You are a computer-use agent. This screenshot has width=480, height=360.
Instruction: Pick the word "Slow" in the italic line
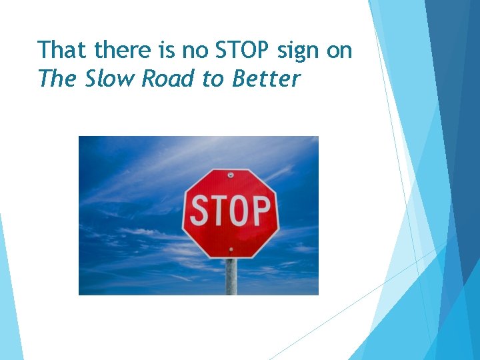click(110, 79)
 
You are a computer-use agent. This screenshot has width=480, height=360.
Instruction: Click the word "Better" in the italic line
click(267, 79)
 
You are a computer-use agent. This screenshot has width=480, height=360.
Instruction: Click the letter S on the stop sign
click(200, 211)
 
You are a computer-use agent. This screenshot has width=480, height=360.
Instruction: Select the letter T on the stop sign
click(219, 211)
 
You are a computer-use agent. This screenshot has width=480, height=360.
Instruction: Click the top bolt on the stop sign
click(231, 175)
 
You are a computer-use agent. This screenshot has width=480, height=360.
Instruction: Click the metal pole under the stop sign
click(231, 277)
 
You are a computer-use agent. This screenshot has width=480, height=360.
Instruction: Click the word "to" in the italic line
click(213, 79)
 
